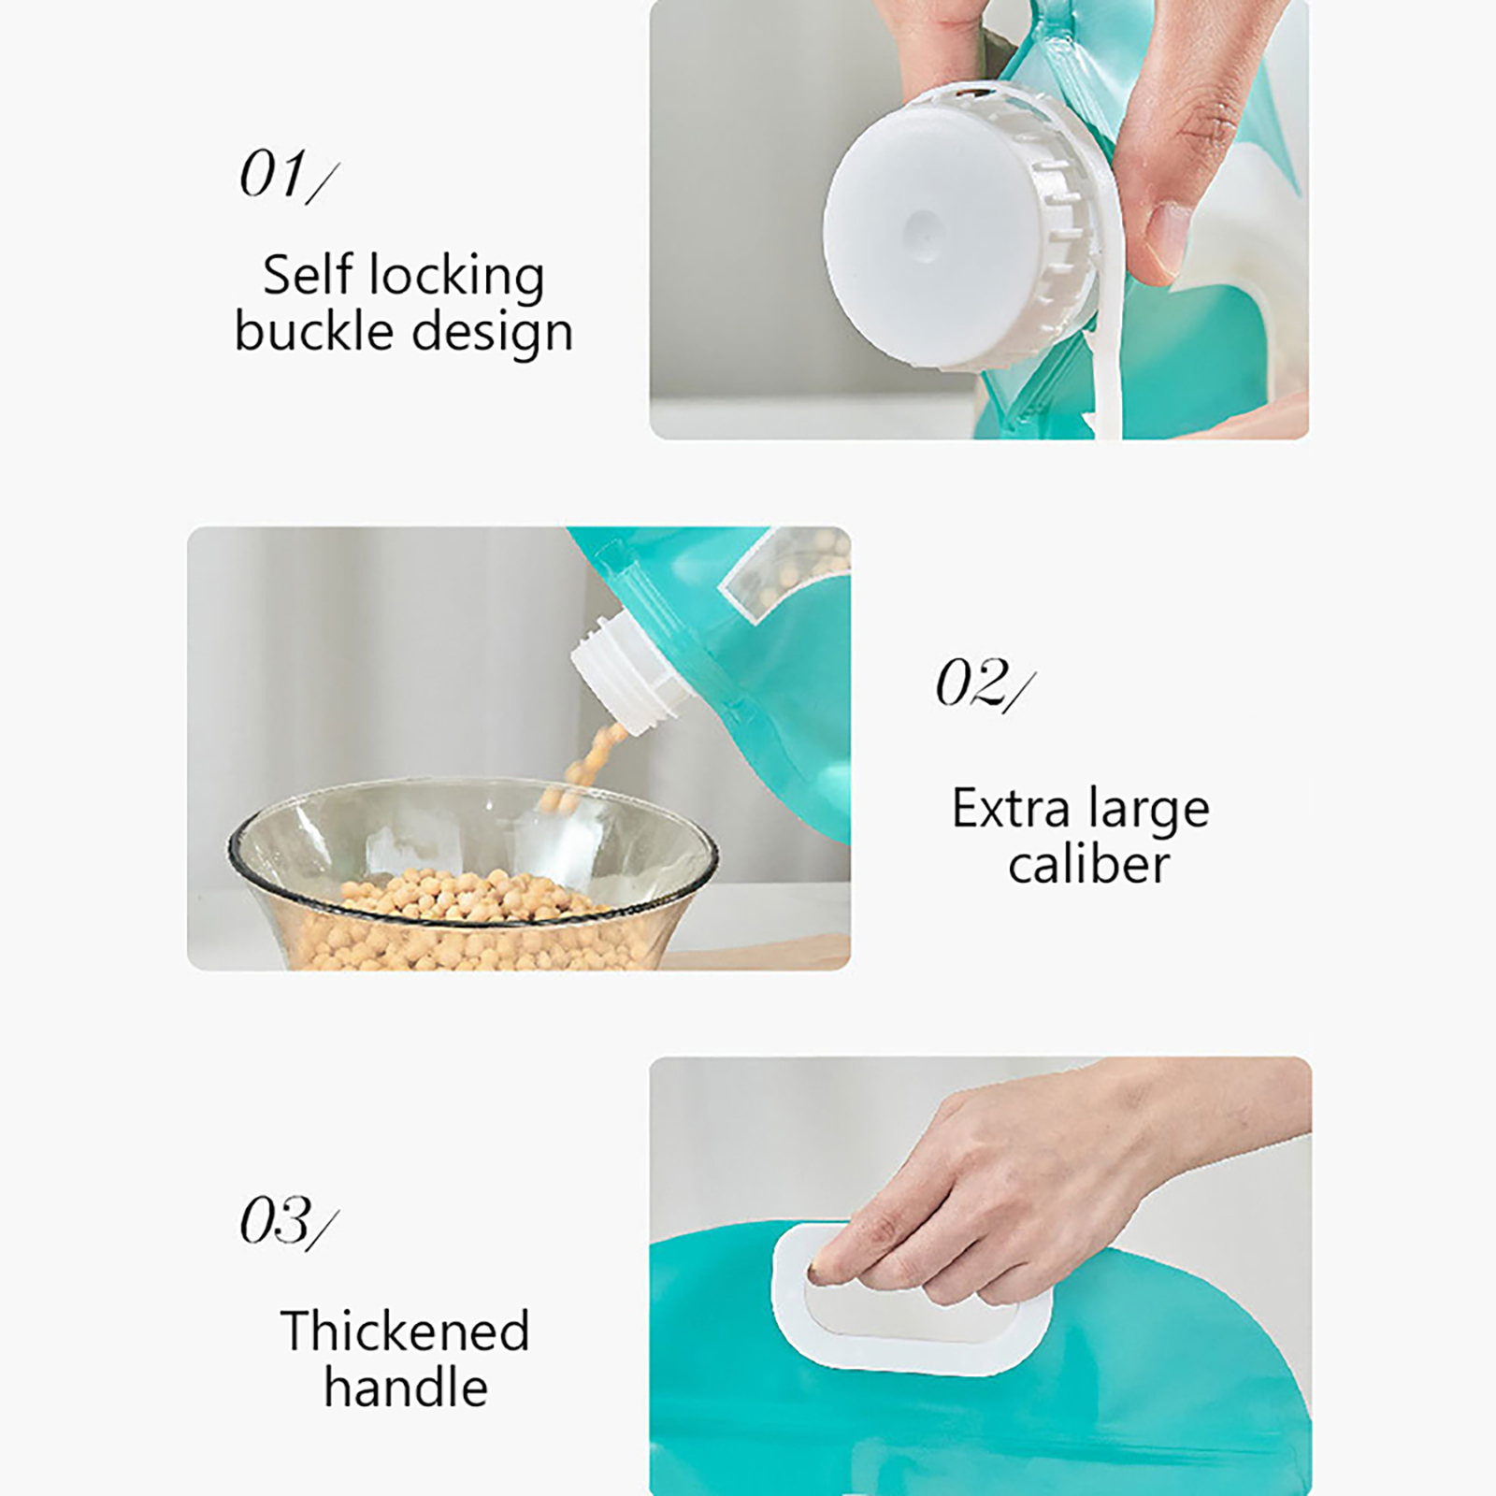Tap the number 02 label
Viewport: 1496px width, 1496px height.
(x=985, y=683)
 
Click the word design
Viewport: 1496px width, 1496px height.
(x=492, y=333)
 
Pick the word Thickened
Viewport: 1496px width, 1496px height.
(x=405, y=1331)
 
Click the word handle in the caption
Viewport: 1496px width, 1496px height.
(x=406, y=1386)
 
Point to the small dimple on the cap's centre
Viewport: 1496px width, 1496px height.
(x=923, y=225)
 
